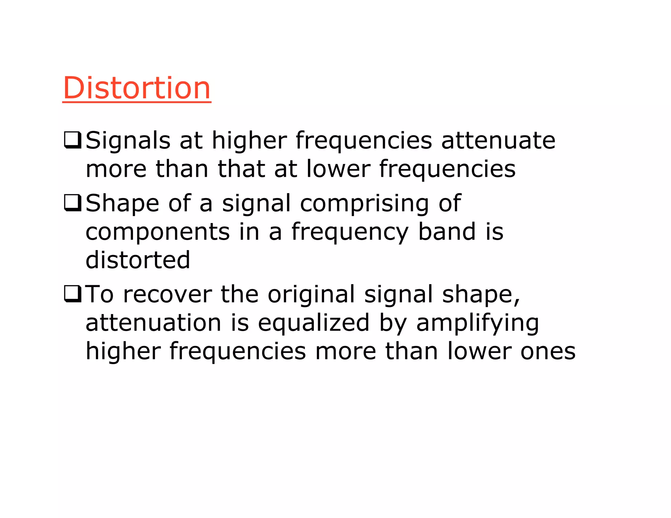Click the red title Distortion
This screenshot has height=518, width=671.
click(x=137, y=88)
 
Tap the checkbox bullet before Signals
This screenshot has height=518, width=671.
click(x=72, y=140)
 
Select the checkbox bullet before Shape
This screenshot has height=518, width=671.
click(x=72, y=203)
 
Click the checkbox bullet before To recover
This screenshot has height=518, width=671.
click(x=72, y=294)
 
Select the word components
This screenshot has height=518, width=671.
click(x=158, y=232)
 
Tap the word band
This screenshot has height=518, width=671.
click(x=447, y=232)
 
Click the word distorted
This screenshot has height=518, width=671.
click(x=138, y=260)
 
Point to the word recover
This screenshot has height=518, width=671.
click(x=167, y=294)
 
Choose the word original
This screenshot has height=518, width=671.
click(x=311, y=294)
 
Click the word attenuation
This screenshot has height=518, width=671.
click(x=153, y=323)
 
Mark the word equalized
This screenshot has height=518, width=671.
click(x=314, y=323)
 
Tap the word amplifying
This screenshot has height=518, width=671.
click(x=477, y=323)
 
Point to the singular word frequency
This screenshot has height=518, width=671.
click(x=350, y=232)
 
